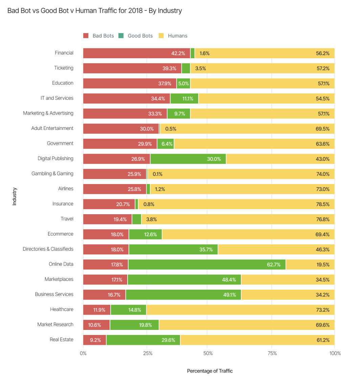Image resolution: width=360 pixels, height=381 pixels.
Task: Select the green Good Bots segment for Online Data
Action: tap(207, 265)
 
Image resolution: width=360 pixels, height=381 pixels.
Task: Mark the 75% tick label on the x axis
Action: tap(272, 353)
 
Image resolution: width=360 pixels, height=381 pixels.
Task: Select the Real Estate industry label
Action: tap(61, 339)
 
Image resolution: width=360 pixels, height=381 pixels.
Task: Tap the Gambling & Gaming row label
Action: tap(52, 174)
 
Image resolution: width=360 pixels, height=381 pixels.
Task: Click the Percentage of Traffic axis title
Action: tap(210, 371)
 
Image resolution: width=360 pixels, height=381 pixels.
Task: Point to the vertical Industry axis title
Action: tap(15, 196)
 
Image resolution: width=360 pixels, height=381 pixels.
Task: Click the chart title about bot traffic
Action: tap(95, 11)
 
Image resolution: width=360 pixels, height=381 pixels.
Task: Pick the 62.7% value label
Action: tap(274, 265)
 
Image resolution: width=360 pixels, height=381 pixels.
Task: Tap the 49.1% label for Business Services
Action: tap(229, 295)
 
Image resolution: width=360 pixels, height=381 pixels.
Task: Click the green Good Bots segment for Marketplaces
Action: tap(184, 279)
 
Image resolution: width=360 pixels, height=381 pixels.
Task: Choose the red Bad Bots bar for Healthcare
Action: tap(97, 310)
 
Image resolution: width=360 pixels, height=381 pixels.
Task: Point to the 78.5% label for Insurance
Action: tap(323, 204)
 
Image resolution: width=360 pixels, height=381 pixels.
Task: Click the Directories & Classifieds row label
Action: tap(48, 249)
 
